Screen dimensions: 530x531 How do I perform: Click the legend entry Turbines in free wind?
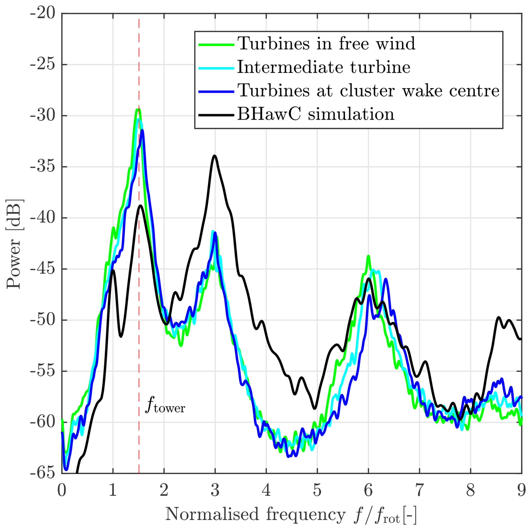[x=326, y=44]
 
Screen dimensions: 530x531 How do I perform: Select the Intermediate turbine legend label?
[x=324, y=67]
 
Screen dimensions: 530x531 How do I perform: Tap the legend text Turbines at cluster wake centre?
[x=368, y=91]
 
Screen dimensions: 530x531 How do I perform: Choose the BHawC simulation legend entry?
[x=316, y=114]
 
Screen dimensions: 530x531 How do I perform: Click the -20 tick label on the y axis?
[x=43, y=13]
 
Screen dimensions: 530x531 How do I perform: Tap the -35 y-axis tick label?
[x=43, y=167]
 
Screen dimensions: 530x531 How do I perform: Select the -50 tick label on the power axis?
[x=43, y=320]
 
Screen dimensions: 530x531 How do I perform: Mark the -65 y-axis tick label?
[x=43, y=473]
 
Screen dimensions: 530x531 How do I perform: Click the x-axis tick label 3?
[x=215, y=490]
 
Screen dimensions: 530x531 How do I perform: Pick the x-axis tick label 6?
[x=368, y=490]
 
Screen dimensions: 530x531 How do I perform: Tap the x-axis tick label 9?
[x=521, y=490]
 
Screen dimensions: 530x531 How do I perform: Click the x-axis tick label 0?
[x=62, y=490]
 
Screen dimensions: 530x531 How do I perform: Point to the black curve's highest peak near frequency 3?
[x=215, y=156]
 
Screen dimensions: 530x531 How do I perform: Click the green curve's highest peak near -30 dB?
[x=138, y=109]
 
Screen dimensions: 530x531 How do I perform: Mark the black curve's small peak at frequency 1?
[x=113, y=270]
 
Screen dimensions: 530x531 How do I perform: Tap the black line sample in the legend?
[x=216, y=115]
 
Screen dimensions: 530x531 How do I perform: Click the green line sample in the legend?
[x=216, y=44]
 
